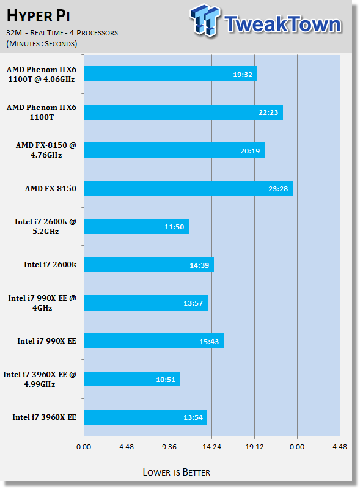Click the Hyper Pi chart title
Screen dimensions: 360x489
pyautogui.click(x=38, y=16)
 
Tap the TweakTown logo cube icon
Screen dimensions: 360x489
pyautogui.click(x=205, y=20)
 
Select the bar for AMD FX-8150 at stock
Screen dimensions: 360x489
pyautogui.click(x=188, y=189)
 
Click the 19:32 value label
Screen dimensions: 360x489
pyautogui.click(x=243, y=75)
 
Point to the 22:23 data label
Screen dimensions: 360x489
pyautogui.click(x=268, y=112)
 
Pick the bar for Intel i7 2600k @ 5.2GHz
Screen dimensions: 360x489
pyautogui.click(x=136, y=227)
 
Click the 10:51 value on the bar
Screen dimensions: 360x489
pyautogui.click(x=166, y=380)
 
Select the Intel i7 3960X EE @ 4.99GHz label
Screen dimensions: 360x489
pyautogui.click(x=40, y=379)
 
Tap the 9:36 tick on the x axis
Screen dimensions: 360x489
pyautogui.click(x=169, y=447)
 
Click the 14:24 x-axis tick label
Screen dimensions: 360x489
pyautogui.click(x=211, y=447)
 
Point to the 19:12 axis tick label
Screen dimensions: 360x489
pyautogui.click(x=254, y=447)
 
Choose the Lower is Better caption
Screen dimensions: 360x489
pyautogui.click(x=176, y=472)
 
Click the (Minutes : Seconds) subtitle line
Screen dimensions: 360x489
pyautogui.click(x=42, y=43)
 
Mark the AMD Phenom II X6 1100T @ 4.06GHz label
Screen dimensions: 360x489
pyautogui.click(x=42, y=74)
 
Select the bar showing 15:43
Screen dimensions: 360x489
pyautogui.click(x=154, y=341)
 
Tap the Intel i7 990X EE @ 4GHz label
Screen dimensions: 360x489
pyautogui.click(x=42, y=303)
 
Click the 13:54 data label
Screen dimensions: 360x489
pyautogui.click(x=193, y=417)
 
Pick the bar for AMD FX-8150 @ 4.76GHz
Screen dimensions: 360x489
pyautogui.click(x=174, y=150)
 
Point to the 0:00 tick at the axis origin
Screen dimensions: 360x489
pyautogui.click(x=84, y=447)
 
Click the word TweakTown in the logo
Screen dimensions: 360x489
pyautogui.click(x=282, y=24)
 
